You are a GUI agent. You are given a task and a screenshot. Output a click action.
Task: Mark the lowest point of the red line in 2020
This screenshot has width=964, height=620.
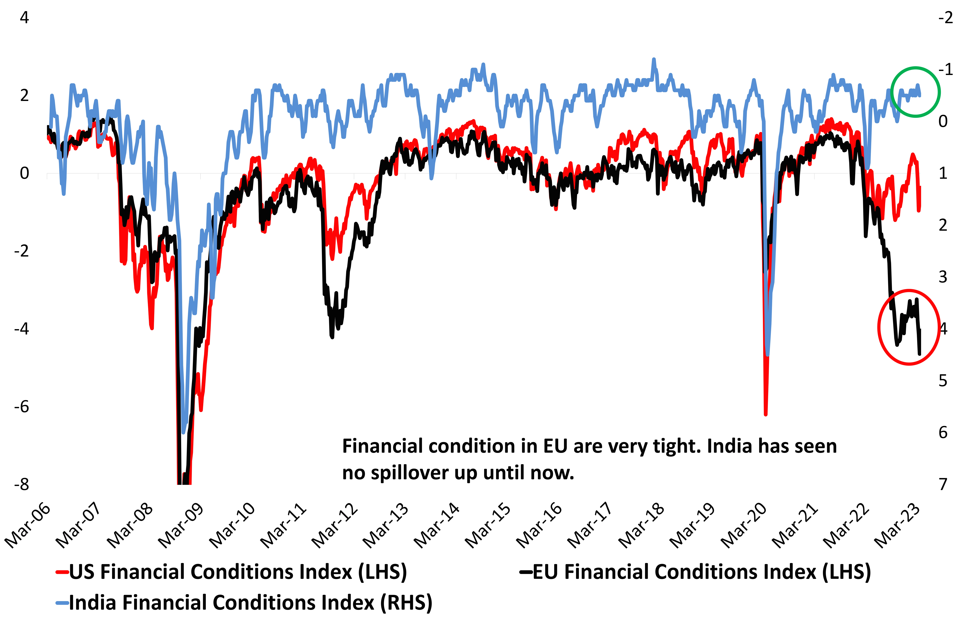(x=766, y=414)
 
